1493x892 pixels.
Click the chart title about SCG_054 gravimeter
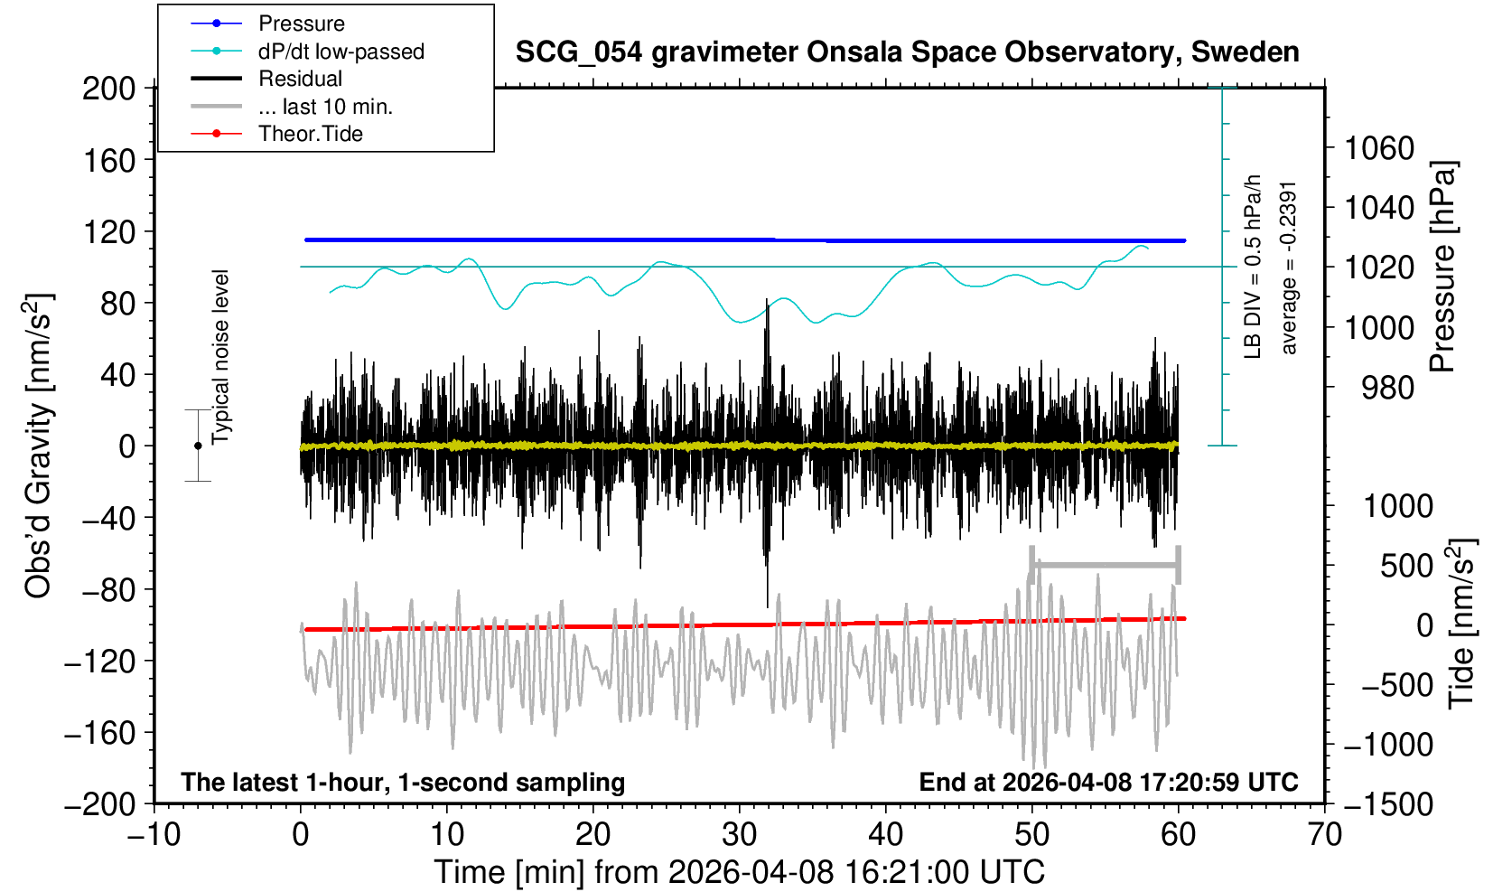[x=907, y=52]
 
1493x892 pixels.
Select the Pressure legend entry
[x=301, y=23]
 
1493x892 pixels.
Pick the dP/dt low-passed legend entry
[x=341, y=52]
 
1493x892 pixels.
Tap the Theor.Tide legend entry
[x=310, y=134]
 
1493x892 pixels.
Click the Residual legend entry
[x=300, y=79]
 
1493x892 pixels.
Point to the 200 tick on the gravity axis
[x=108, y=89]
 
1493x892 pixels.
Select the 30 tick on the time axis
[x=739, y=833]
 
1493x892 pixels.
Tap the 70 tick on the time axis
[x=1324, y=833]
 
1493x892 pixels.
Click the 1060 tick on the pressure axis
[x=1379, y=147]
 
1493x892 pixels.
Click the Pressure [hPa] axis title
[x=1443, y=267]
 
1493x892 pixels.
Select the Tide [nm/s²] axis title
[x=1460, y=624]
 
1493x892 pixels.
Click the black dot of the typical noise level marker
[x=198, y=446]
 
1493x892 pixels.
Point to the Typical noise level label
[x=220, y=357]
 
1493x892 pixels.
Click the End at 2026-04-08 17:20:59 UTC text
[x=1108, y=782]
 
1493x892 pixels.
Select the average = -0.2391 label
[x=1289, y=268]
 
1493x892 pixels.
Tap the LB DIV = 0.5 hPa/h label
[x=1252, y=268]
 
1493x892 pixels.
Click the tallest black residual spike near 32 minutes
[x=767, y=307]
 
